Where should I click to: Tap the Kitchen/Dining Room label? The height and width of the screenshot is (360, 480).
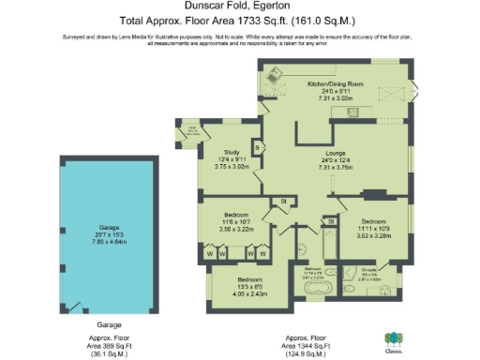coord(336,84)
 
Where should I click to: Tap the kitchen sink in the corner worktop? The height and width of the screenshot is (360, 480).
coord(274,74)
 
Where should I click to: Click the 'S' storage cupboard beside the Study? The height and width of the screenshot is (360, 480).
coord(257,147)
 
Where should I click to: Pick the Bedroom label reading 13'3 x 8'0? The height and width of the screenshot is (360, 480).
coord(250,280)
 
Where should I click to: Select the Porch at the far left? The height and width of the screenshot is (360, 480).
coord(190,135)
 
